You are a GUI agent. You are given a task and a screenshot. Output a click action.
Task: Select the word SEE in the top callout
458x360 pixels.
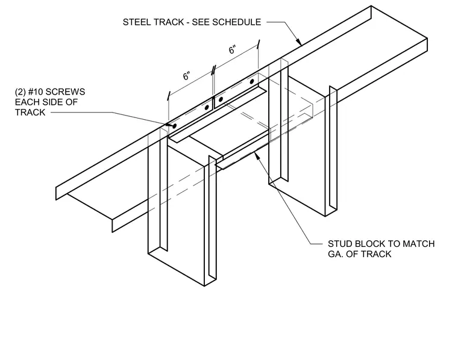201,22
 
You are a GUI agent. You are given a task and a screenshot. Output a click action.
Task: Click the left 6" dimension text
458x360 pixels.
187,76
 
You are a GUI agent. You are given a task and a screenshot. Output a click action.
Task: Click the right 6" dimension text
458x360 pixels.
232,50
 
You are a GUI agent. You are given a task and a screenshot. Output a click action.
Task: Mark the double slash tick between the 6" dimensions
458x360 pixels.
213,70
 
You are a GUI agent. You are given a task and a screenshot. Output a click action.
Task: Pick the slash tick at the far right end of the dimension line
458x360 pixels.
258,45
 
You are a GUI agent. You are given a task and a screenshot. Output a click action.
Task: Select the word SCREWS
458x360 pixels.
66,92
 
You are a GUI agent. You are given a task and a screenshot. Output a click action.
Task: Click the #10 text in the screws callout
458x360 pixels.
36,92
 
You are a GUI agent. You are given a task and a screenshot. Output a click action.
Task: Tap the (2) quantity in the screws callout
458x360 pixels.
20,92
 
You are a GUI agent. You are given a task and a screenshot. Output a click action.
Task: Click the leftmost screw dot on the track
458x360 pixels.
175,126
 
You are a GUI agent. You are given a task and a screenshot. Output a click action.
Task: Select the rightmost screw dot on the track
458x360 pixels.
252,81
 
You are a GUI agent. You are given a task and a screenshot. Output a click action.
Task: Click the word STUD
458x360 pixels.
340,244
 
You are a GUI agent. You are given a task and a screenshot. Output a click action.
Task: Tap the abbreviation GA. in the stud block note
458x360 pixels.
335,254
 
